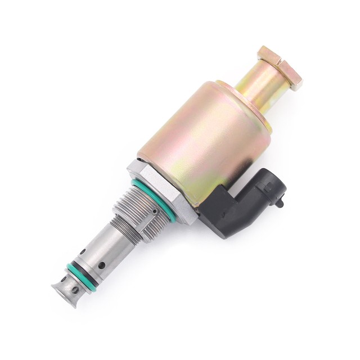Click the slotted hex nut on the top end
point(279,67)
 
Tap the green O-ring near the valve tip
point(75,272)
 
